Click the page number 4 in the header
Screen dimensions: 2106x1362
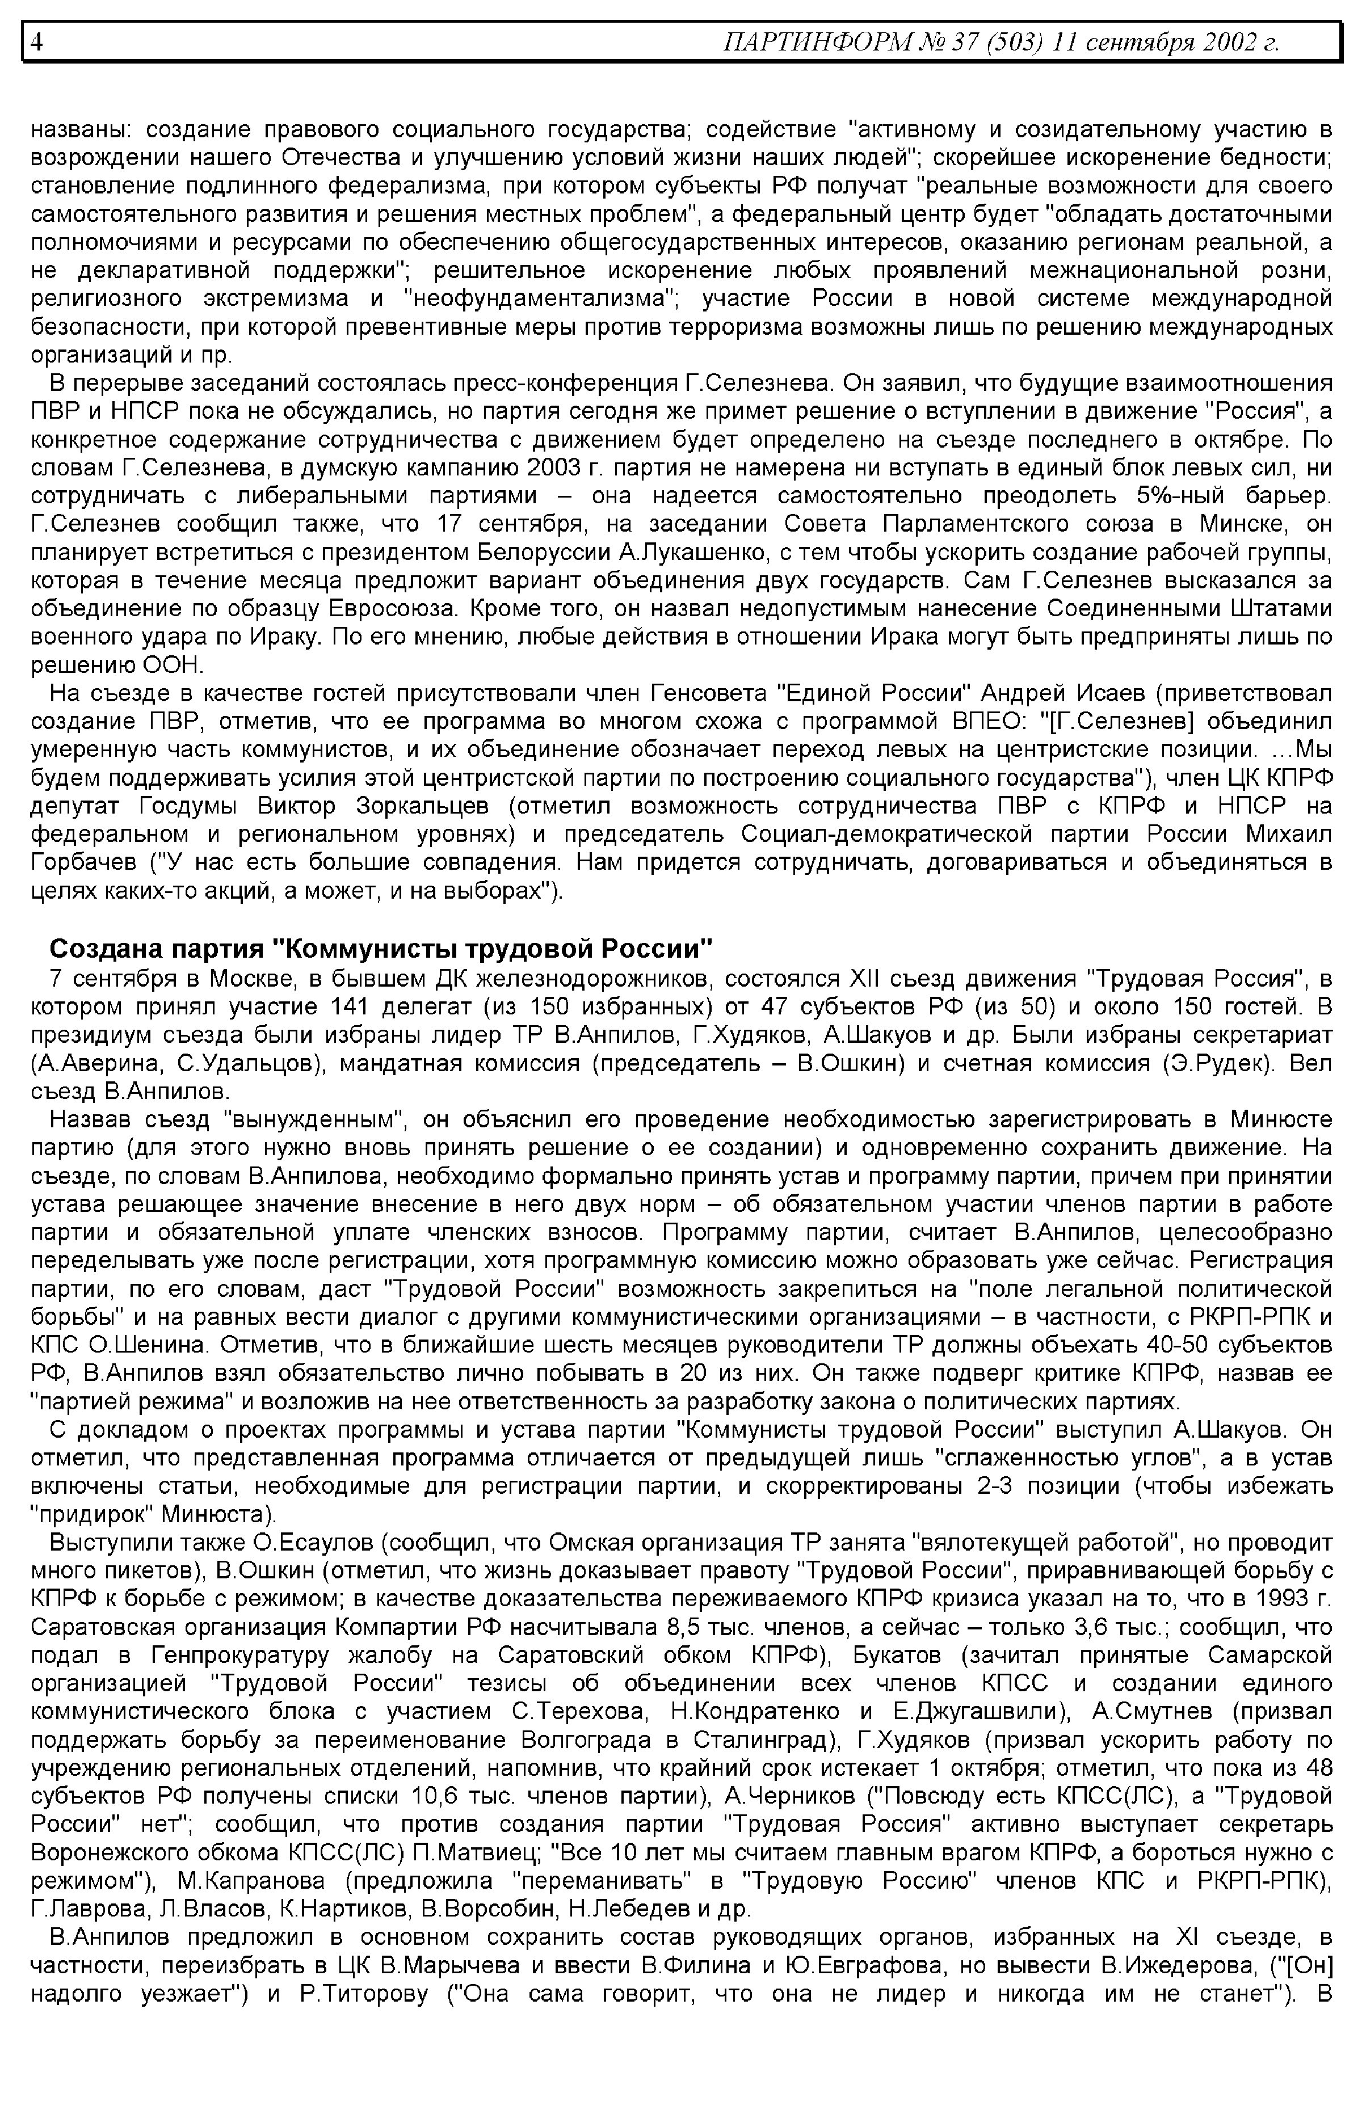(37, 41)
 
